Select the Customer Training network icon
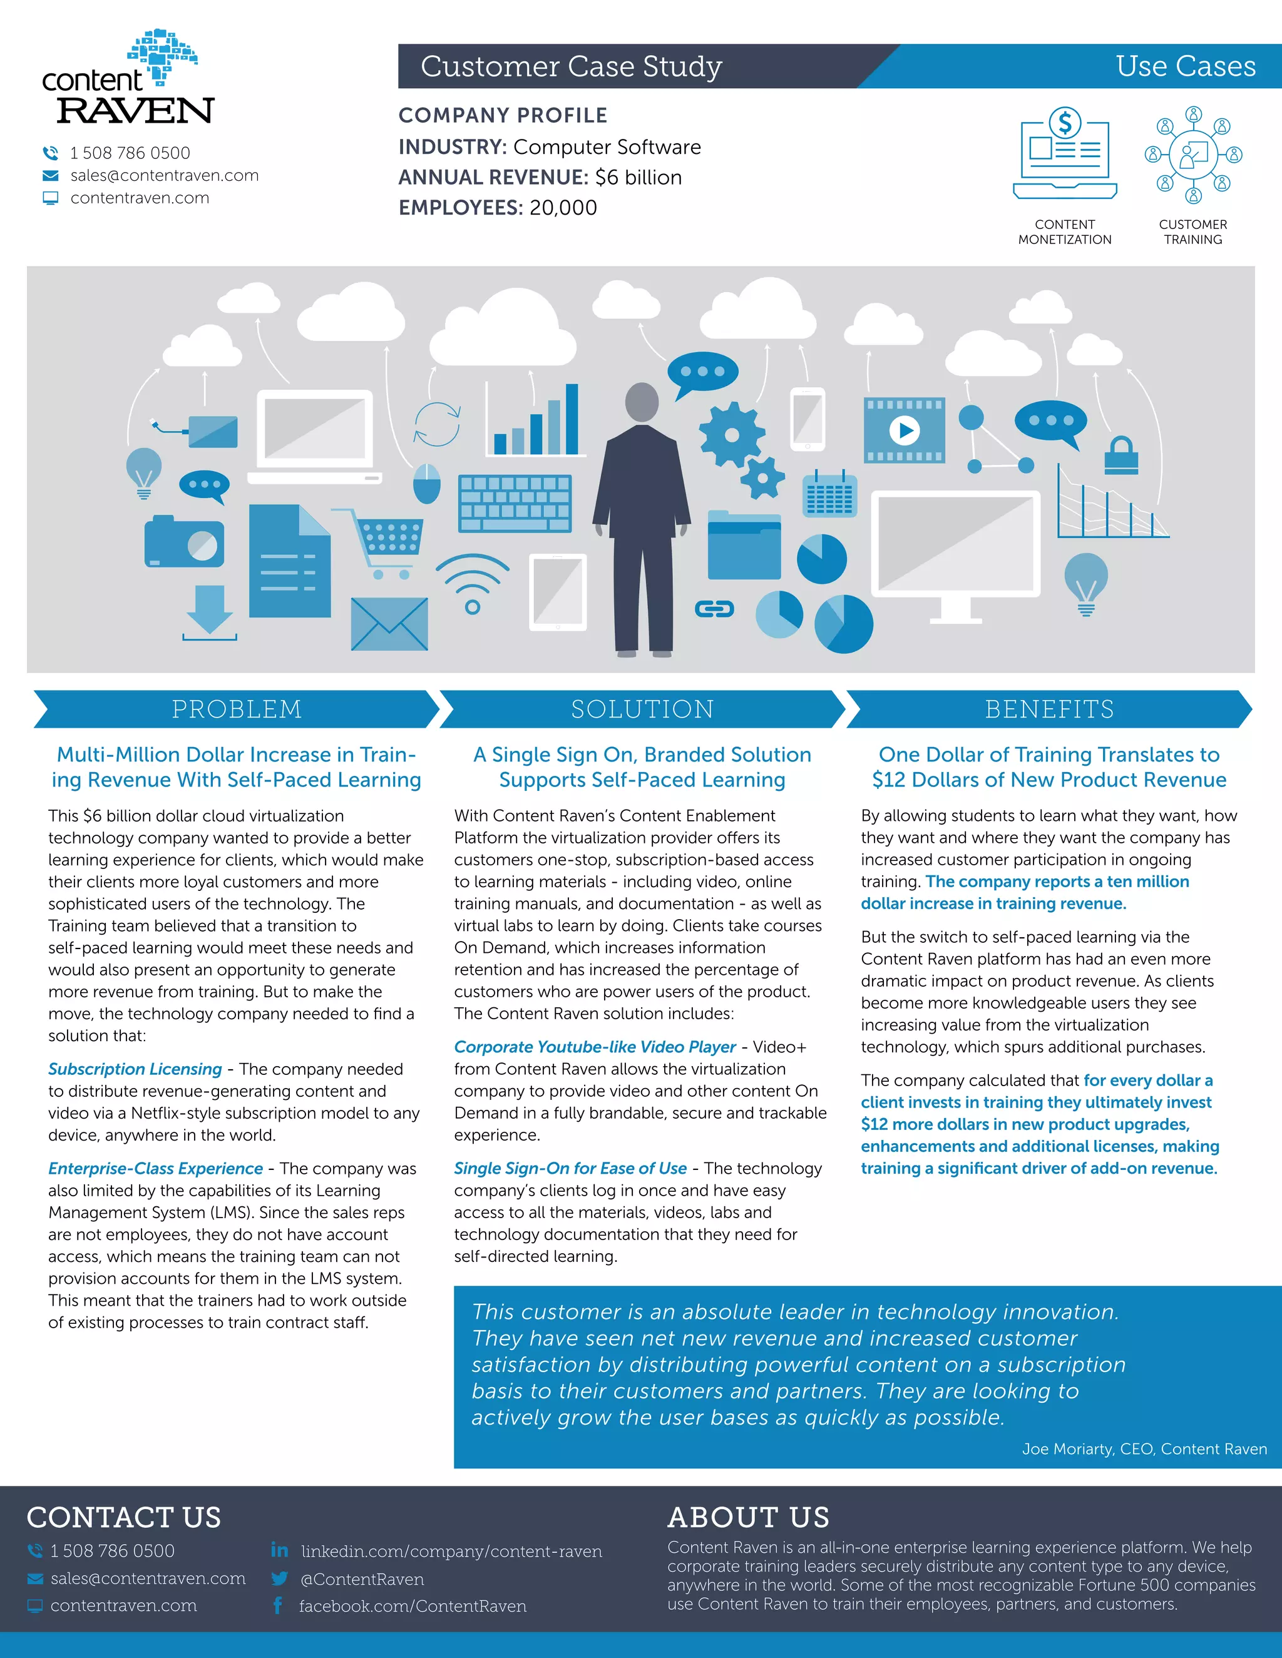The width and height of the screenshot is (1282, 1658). pos(1193,155)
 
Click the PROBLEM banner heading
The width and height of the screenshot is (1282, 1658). pos(236,709)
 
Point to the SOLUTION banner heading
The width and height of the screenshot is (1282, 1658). pos(642,709)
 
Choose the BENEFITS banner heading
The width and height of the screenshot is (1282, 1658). pos(1049,709)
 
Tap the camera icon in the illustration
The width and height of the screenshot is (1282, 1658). pos(185,541)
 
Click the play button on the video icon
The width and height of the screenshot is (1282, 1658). pos(905,430)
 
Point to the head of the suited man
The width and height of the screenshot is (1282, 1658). pos(642,402)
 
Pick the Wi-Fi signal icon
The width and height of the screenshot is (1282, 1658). pos(473,584)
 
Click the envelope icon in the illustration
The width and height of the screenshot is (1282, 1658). pos(389,623)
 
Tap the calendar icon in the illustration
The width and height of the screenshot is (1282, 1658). pos(829,494)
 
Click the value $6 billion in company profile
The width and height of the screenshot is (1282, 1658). pos(638,178)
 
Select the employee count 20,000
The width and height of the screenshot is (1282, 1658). pos(563,208)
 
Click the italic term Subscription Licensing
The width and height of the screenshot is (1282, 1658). pos(135,1069)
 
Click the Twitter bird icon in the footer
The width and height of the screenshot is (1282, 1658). pos(279,1579)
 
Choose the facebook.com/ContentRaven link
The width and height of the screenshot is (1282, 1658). pos(413,1606)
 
